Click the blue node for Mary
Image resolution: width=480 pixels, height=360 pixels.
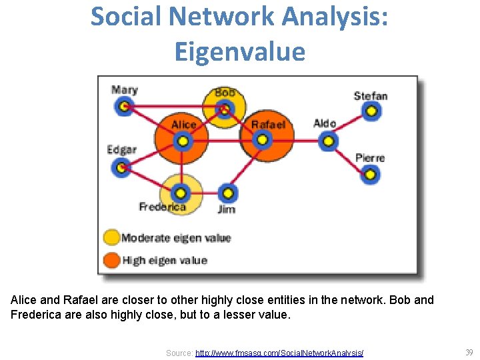[x=123, y=106]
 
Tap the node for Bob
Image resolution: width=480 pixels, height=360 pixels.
[x=225, y=108]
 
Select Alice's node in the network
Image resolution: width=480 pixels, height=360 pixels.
[x=181, y=141]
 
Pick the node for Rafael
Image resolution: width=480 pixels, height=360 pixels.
[x=262, y=140]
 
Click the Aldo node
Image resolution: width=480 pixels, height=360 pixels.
[x=327, y=141]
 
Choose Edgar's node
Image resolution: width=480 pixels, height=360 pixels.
[x=121, y=167]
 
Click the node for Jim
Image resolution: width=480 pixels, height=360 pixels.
[x=228, y=193]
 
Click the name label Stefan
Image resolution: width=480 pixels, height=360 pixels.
[x=371, y=96]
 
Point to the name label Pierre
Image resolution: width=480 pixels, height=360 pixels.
[x=370, y=158]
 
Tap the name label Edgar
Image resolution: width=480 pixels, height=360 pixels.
[x=121, y=149]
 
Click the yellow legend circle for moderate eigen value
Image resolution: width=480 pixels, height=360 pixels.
[x=111, y=237]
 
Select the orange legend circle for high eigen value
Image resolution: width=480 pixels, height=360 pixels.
[x=111, y=260]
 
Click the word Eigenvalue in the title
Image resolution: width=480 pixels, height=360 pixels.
[x=240, y=51]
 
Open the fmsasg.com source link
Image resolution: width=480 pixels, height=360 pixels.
[x=279, y=353]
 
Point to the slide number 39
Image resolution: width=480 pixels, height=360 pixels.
[x=469, y=352]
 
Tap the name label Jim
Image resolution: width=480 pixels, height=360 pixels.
[x=227, y=209]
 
